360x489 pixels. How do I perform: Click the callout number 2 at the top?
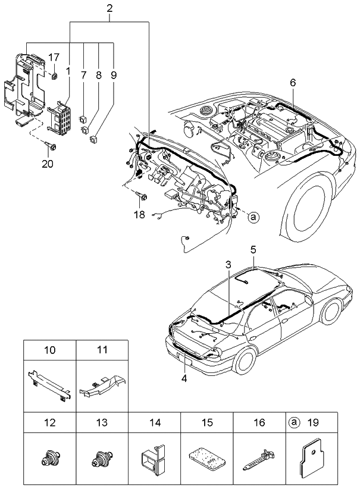pos(109,8)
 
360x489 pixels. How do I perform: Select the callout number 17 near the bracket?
pos(54,57)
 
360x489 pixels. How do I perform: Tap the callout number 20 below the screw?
pos(47,164)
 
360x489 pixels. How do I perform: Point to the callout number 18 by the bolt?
pos(139,214)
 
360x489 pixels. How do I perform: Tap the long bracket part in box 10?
pos(50,380)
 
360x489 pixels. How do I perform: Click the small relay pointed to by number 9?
pos(93,140)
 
